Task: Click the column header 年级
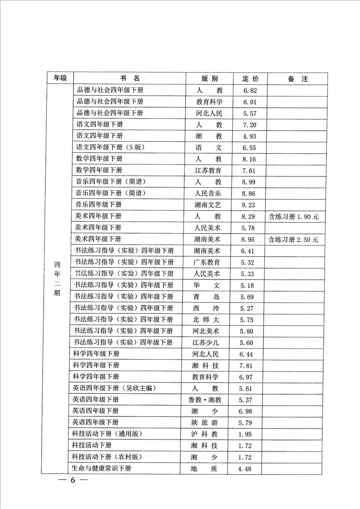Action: tap(60, 78)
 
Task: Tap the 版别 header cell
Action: tap(209, 78)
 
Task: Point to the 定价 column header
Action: tap(250, 78)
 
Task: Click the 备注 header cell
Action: tap(297, 78)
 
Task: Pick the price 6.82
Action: tap(250, 90)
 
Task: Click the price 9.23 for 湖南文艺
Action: tap(250, 205)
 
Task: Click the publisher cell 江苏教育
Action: tap(209, 170)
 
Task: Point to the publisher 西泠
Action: tap(209, 308)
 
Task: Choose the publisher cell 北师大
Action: tap(209, 319)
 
